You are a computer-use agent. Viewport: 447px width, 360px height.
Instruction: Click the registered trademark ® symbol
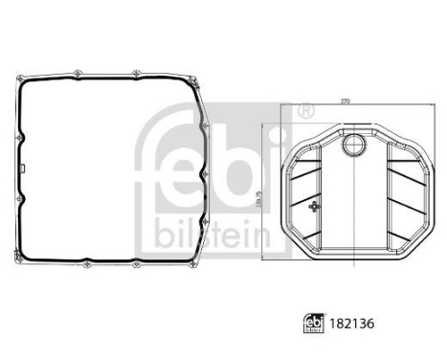pyautogui.click(x=303, y=112)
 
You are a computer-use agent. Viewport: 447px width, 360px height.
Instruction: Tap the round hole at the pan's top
pyautogui.click(x=353, y=146)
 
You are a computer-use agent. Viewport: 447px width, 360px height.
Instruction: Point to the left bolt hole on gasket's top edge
pyautogui.click(x=85, y=69)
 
